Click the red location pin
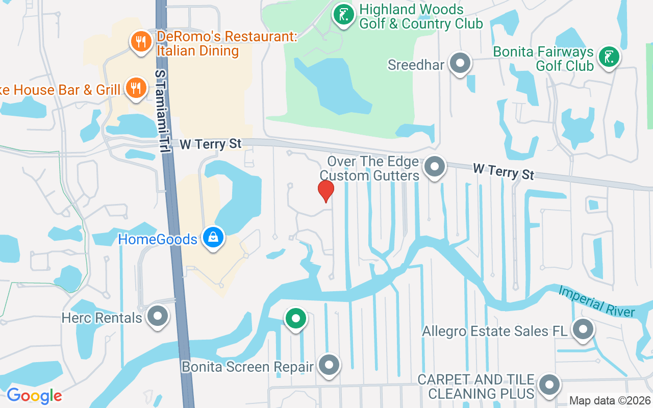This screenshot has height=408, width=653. (326, 191)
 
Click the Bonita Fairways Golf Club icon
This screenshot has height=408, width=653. (609, 57)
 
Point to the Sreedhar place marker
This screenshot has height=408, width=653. (461, 64)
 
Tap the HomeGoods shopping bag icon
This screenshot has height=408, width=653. (213, 238)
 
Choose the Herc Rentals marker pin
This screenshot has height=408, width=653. (158, 316)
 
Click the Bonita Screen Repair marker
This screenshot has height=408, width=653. (329, 365)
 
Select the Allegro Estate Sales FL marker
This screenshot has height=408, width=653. (583, 329)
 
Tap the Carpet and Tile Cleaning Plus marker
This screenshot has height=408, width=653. (549, 385)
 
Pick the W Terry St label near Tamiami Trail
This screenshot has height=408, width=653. (210, 144)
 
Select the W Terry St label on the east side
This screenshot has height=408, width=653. (503, 171)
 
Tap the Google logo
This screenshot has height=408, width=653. (34, 396)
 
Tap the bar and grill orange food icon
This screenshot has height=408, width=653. (135, 89)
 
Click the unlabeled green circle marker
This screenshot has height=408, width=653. (295, 318)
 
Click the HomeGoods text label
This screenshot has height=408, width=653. (158, 239)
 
